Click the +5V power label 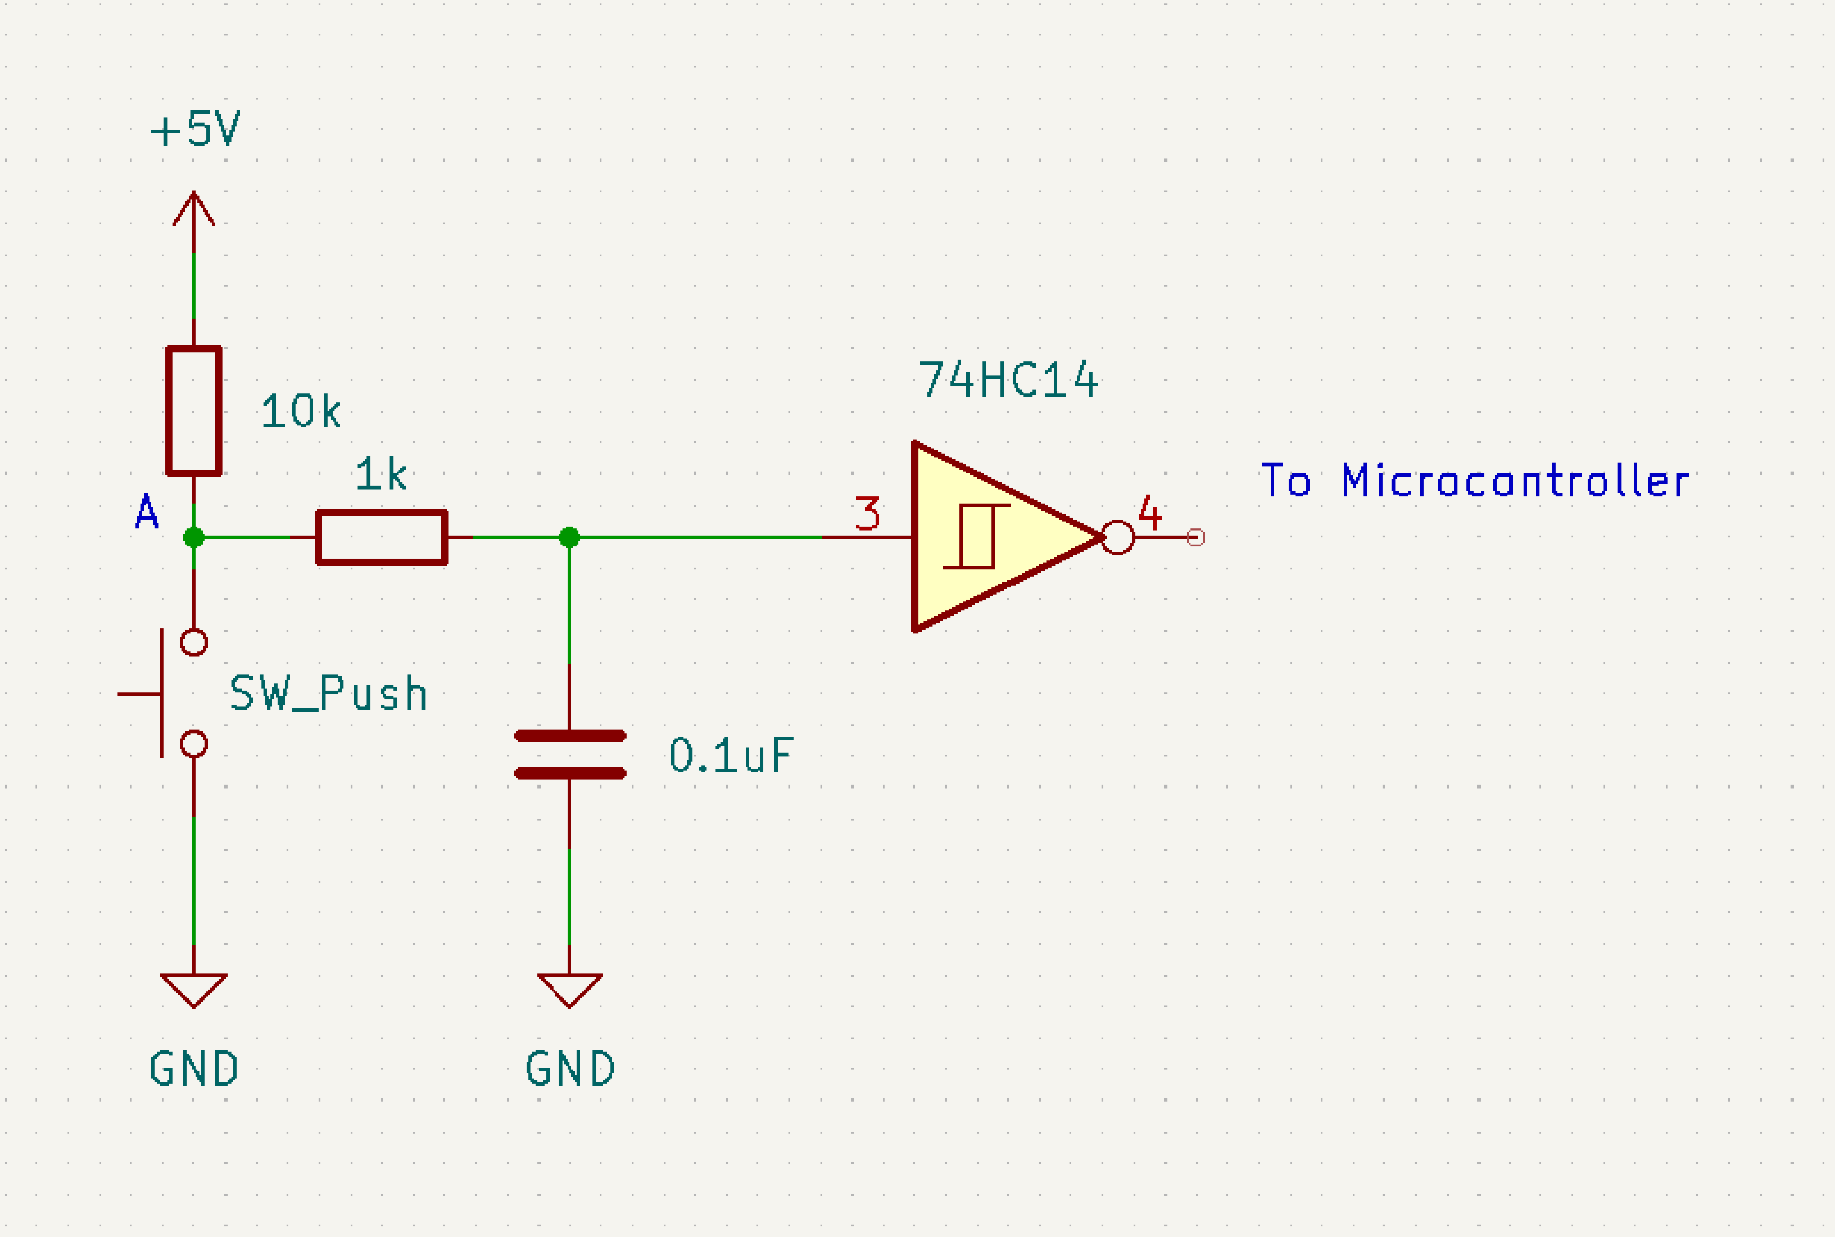pos(195,129)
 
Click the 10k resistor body pos(193,411)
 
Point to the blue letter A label pos(147,513)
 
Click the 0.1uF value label pos(730,756)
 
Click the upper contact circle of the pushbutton pos(193,642)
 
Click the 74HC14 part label pos(1008,380)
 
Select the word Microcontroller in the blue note pos(1515,481)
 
